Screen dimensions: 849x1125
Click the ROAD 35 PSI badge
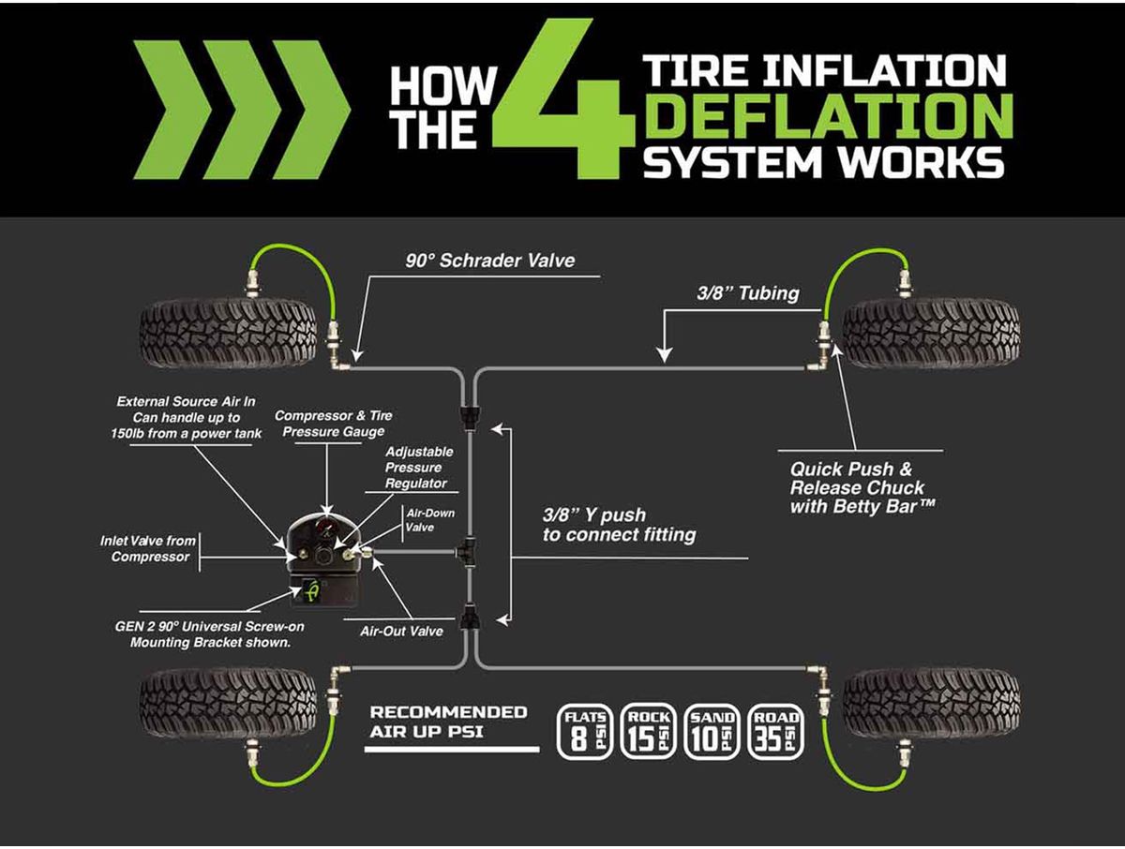click(775, 731)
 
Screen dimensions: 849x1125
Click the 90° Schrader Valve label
click(490, 261)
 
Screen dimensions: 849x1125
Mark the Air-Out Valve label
click(401, 631)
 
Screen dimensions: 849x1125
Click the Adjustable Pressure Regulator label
click(415, 467)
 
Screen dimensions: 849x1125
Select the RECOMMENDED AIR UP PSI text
click(448, 722)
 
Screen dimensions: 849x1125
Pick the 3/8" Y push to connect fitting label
click(619, 526)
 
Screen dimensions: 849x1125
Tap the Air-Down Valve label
click(418, 520)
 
